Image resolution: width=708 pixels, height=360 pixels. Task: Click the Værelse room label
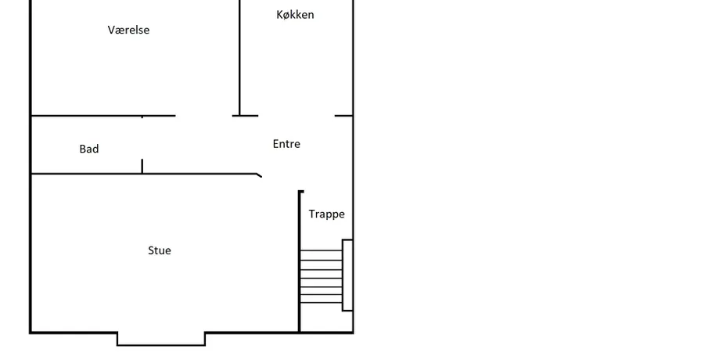(x=128, y=30)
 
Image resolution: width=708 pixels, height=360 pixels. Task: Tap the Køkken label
(x=295, y=14)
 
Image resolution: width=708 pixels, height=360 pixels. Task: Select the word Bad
(x=89, y=149)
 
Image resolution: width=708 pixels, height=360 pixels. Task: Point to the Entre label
(x=286, y=144)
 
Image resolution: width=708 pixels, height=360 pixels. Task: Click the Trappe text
(x=326, y=214)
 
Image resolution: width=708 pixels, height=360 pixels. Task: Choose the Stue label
(x=160, y=250)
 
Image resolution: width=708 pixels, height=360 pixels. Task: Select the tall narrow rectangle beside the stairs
(x=347, y=275)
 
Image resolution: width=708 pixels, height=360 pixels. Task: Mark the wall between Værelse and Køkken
(x=239, y=58)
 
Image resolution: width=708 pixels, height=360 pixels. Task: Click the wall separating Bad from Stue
(x=144, y=174)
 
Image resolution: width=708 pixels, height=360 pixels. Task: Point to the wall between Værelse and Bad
(x=103, y=116)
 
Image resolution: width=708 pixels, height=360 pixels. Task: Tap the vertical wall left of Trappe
(x=299, y=261)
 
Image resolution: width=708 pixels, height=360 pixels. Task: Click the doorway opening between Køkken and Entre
(x=296, y=116)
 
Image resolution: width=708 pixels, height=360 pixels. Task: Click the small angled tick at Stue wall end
(x=259, y=175)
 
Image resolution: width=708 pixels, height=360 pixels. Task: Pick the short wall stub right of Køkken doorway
(x=343, y=116)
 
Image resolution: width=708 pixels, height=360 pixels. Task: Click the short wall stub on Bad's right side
(x=142, y=166)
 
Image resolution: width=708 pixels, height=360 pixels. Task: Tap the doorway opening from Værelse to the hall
(x=204, y=116)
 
